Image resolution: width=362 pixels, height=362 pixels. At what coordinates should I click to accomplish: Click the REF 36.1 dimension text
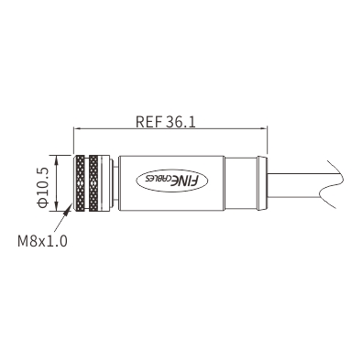click(x=165, y=122)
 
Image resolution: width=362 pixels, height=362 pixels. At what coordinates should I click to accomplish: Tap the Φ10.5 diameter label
click(x=42, y=188)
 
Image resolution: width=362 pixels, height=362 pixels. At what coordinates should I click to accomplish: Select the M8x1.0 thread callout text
click(x=42, y=241)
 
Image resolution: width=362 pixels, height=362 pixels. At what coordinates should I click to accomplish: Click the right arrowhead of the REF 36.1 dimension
click(x=263, y=128)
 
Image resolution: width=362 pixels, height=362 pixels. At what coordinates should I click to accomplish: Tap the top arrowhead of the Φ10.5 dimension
click(x=57, y=159)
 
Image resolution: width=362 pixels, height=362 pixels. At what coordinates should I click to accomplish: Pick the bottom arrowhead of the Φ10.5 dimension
click(x=57, y=207)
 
